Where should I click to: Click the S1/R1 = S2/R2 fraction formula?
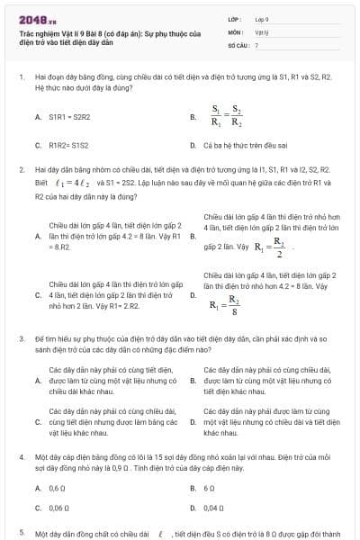tap(226, 116)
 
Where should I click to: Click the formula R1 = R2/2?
tap(270, 246)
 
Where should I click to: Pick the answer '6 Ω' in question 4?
tap(209, 488)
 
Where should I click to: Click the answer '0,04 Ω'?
tap(214, 508)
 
